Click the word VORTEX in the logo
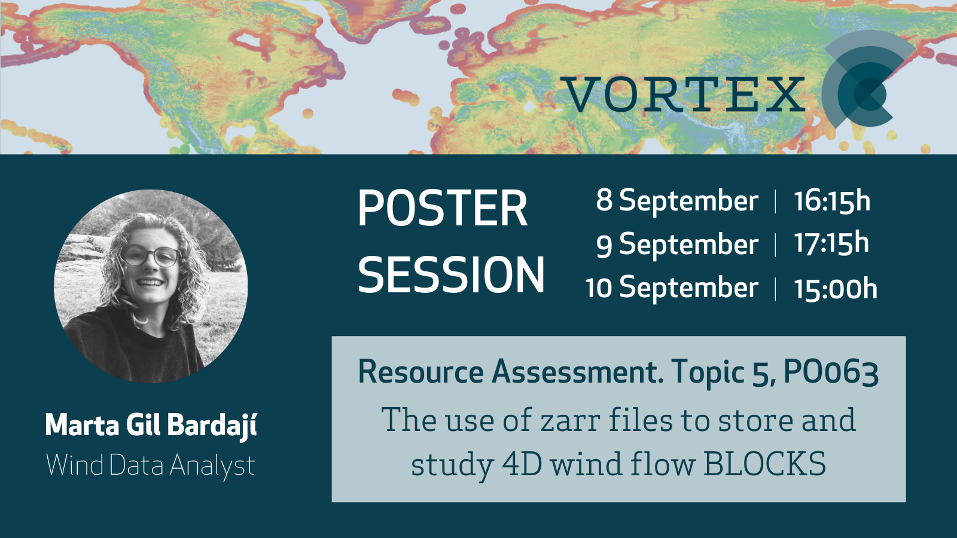682,94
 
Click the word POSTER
443,209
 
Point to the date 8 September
677,201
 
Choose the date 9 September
677,244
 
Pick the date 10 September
672,288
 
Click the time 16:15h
832,201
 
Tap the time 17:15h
831,243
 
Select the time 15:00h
835,289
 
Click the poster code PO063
831,373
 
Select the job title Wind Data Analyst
150,466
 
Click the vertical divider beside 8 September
775,201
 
